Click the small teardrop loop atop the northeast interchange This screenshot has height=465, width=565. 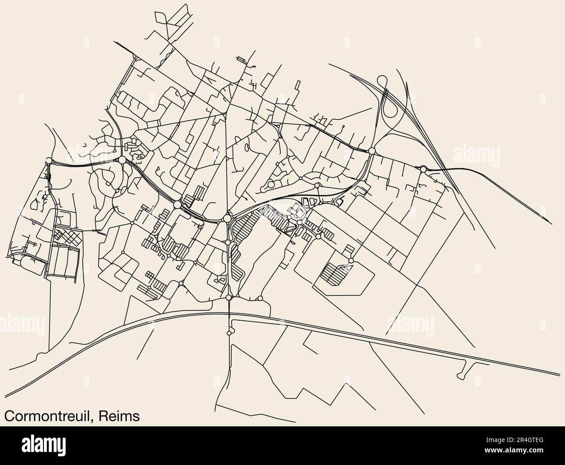pyautogui.click(x=383, y=81)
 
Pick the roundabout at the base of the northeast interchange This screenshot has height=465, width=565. pyautogui.click(x=372, y=151)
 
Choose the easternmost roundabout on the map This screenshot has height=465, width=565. pyautogui.click(x=423, y=169)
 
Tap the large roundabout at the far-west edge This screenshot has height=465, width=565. pyautogui.click(x=48, y=161)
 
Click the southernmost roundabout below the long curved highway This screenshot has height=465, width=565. pyautogui.click(x=229, y=333)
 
